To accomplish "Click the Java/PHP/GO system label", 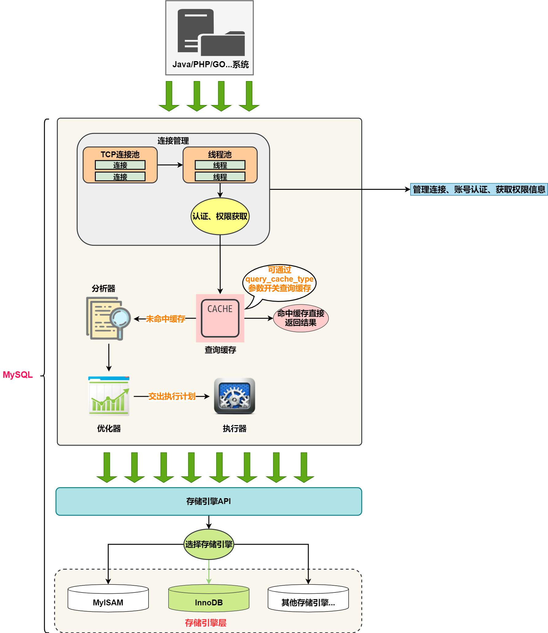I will click(210, 64).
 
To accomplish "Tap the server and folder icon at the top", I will click(211, 33).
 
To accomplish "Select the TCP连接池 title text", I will click(120, 154).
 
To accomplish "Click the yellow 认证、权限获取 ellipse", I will click(220, 217).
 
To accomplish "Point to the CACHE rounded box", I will click(220, 318).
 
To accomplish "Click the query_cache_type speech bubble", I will click(279, 279).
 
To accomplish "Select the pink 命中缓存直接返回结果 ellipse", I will click(301, 318).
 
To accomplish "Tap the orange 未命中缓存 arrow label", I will click(165, 319).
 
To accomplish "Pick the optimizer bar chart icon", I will click(109, 396).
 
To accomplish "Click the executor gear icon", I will click(234, 396).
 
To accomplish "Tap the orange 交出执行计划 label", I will click(172, 396).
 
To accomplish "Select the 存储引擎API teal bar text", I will click(208, 501).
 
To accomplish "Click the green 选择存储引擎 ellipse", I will click(209, 544).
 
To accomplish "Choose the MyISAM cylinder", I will click(108, 599).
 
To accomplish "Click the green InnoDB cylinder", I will click(209, 599).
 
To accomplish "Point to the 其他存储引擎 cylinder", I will click(308, 599).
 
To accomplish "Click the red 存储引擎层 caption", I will click(206, 623).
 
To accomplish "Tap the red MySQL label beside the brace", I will click(18, 375).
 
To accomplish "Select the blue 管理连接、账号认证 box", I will click(479, 190).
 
